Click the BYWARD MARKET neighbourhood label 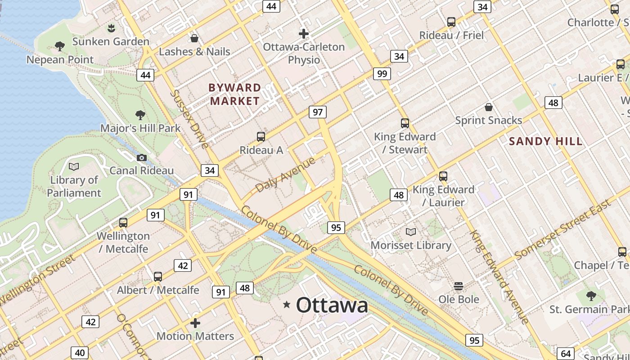click(x=235, y=94)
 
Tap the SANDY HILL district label click(x=545, y=141)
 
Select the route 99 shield click(x=382, y=74)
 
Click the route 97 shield click(x=318, y=112)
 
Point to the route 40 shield click(x=79, y=353)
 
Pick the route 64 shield click(x=566, y=354)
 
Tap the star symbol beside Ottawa click(x=287, y=305)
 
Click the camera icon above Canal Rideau click(x=142, y=157)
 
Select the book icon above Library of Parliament click(x=74, y=167)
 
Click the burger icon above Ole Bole click(x=459, y=286)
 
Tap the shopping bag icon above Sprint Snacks click(x=488, y=107)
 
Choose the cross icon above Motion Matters click(x=195, y=323)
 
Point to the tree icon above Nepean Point click(x=59, y=46)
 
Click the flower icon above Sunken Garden click(x=111, y=28)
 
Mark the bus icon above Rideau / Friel click(x=451, y=22)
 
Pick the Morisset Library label click(x=411, y=245)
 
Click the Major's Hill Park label click(x=140, y=128)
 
